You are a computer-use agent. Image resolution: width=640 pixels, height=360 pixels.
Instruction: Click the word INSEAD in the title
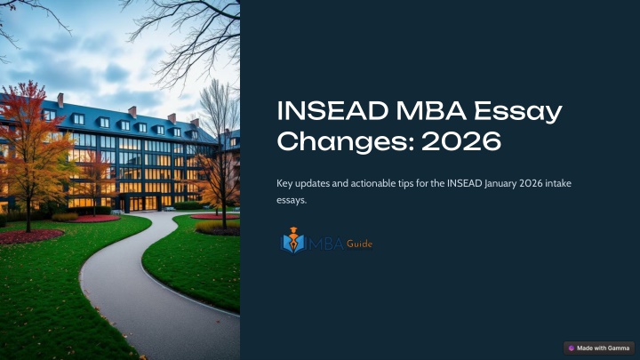coord(332,110)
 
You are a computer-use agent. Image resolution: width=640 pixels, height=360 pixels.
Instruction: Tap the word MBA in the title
coord(431,110)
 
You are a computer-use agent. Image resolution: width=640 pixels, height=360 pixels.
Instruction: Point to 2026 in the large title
coord(461,141)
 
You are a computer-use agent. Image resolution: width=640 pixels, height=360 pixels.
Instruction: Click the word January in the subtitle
coord(500,184)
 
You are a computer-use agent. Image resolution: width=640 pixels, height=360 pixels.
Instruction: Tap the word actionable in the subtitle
coord(371,183)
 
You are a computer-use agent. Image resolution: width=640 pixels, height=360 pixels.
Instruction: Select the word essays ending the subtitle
coord(292,200)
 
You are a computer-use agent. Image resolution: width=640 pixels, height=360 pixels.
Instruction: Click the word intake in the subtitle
coord(557,183)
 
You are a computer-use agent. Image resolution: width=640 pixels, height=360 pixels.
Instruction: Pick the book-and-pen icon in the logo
coord(293,240)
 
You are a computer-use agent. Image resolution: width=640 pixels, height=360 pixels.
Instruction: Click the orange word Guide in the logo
coord(359,244)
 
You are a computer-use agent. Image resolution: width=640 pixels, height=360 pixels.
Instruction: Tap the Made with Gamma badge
coord(599,348)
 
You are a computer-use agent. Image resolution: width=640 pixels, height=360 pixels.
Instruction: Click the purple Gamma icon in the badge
coord(572,348)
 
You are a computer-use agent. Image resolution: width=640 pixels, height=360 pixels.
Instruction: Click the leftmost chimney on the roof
coord(60,100)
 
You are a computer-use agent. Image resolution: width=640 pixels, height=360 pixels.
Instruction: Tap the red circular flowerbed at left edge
coord(29,236)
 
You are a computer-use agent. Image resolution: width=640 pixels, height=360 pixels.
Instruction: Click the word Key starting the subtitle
coord(284,184)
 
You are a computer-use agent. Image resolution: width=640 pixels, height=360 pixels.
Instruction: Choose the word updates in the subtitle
coord(312,184)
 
